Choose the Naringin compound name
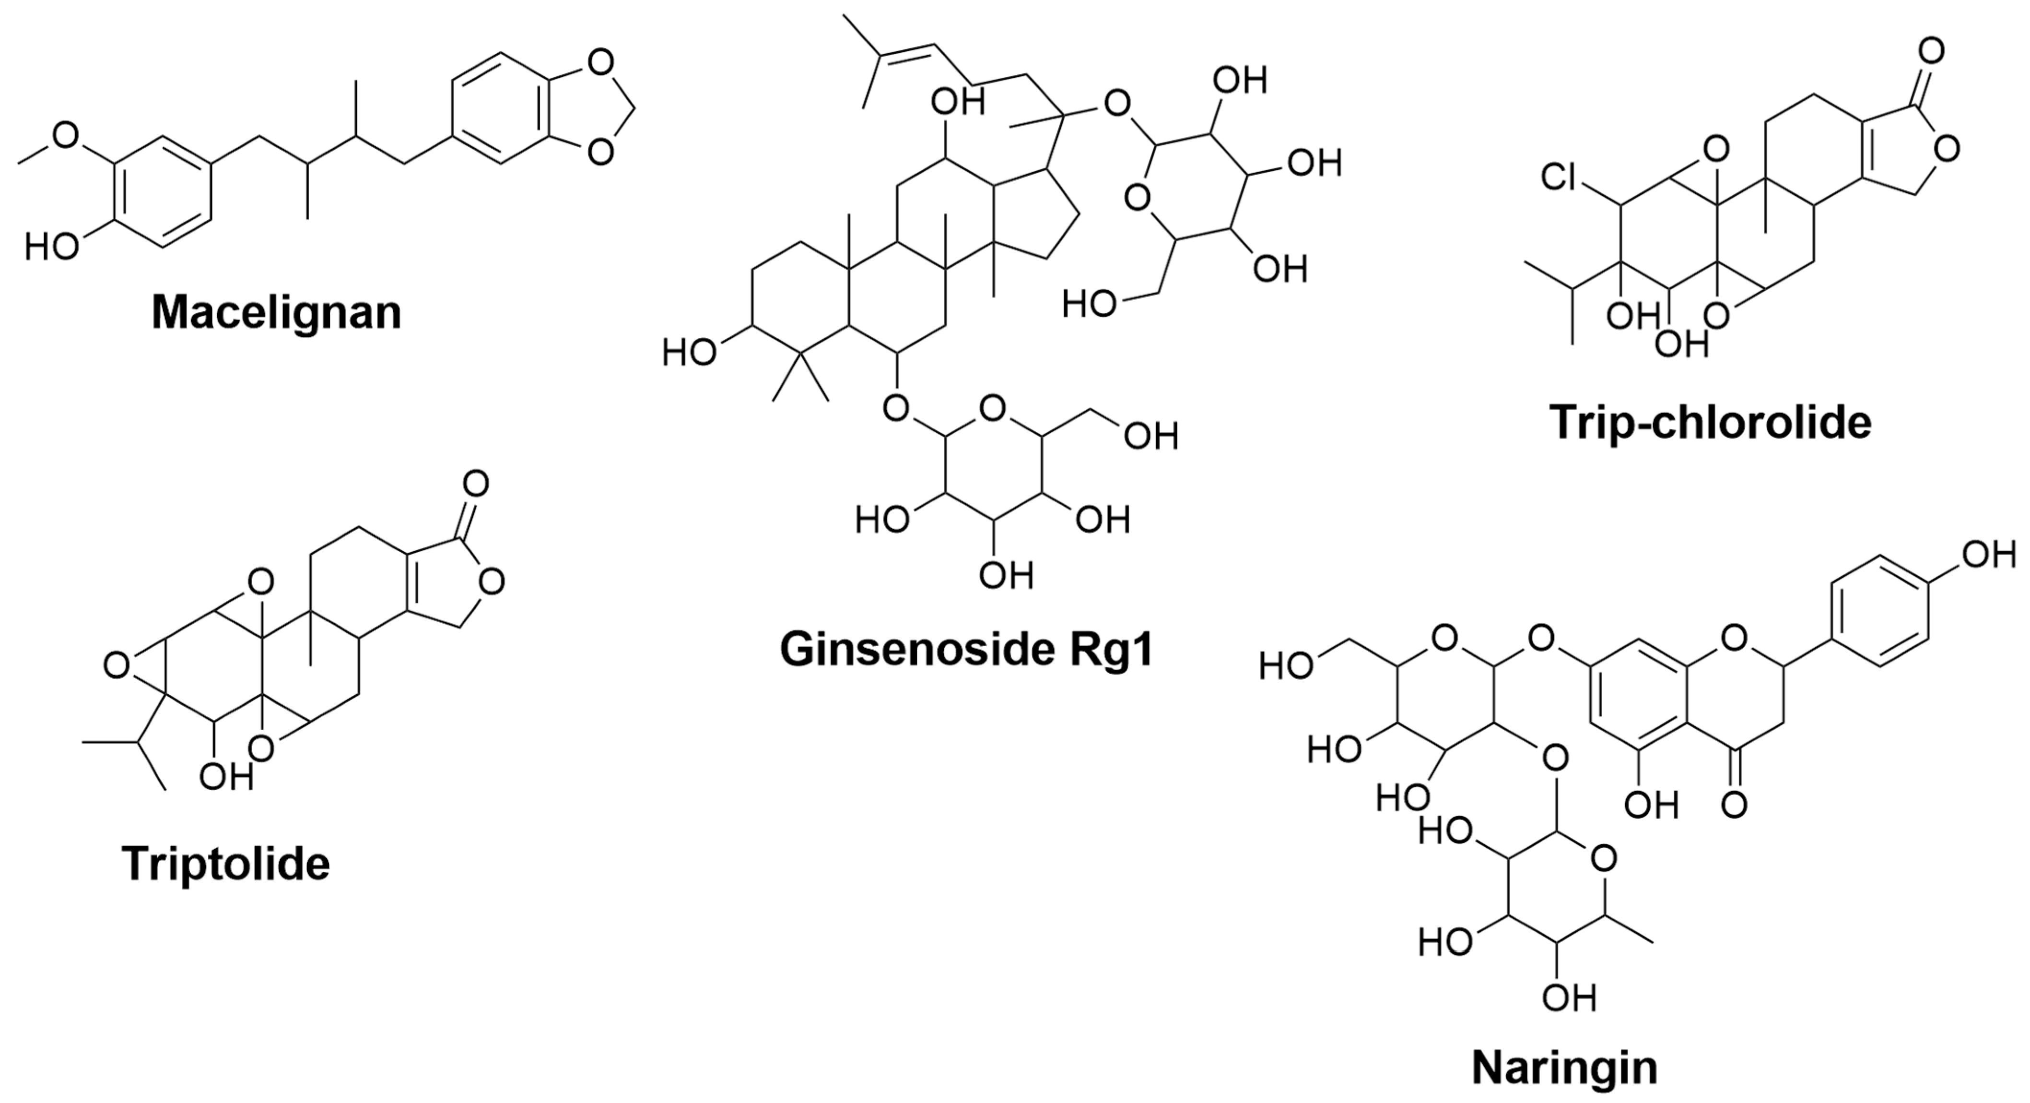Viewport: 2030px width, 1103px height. pyautogui.click(x=1564, y=1068)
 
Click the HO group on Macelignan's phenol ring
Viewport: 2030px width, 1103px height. pyautogui.click(x=52, y=247)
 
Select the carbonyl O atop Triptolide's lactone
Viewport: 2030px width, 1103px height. pyautogui.click(x=476, y=483)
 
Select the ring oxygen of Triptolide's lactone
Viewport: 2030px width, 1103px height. pyautogui.click(x=491, y=582)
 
